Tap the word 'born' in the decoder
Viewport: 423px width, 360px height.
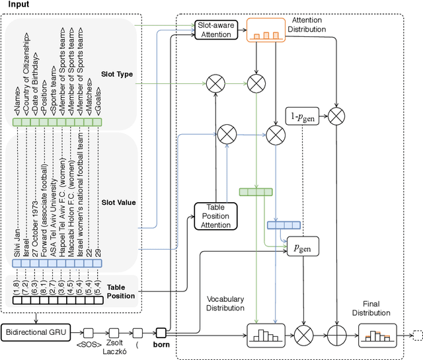coord(161,344)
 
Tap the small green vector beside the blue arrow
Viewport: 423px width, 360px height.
coord(255,192)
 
